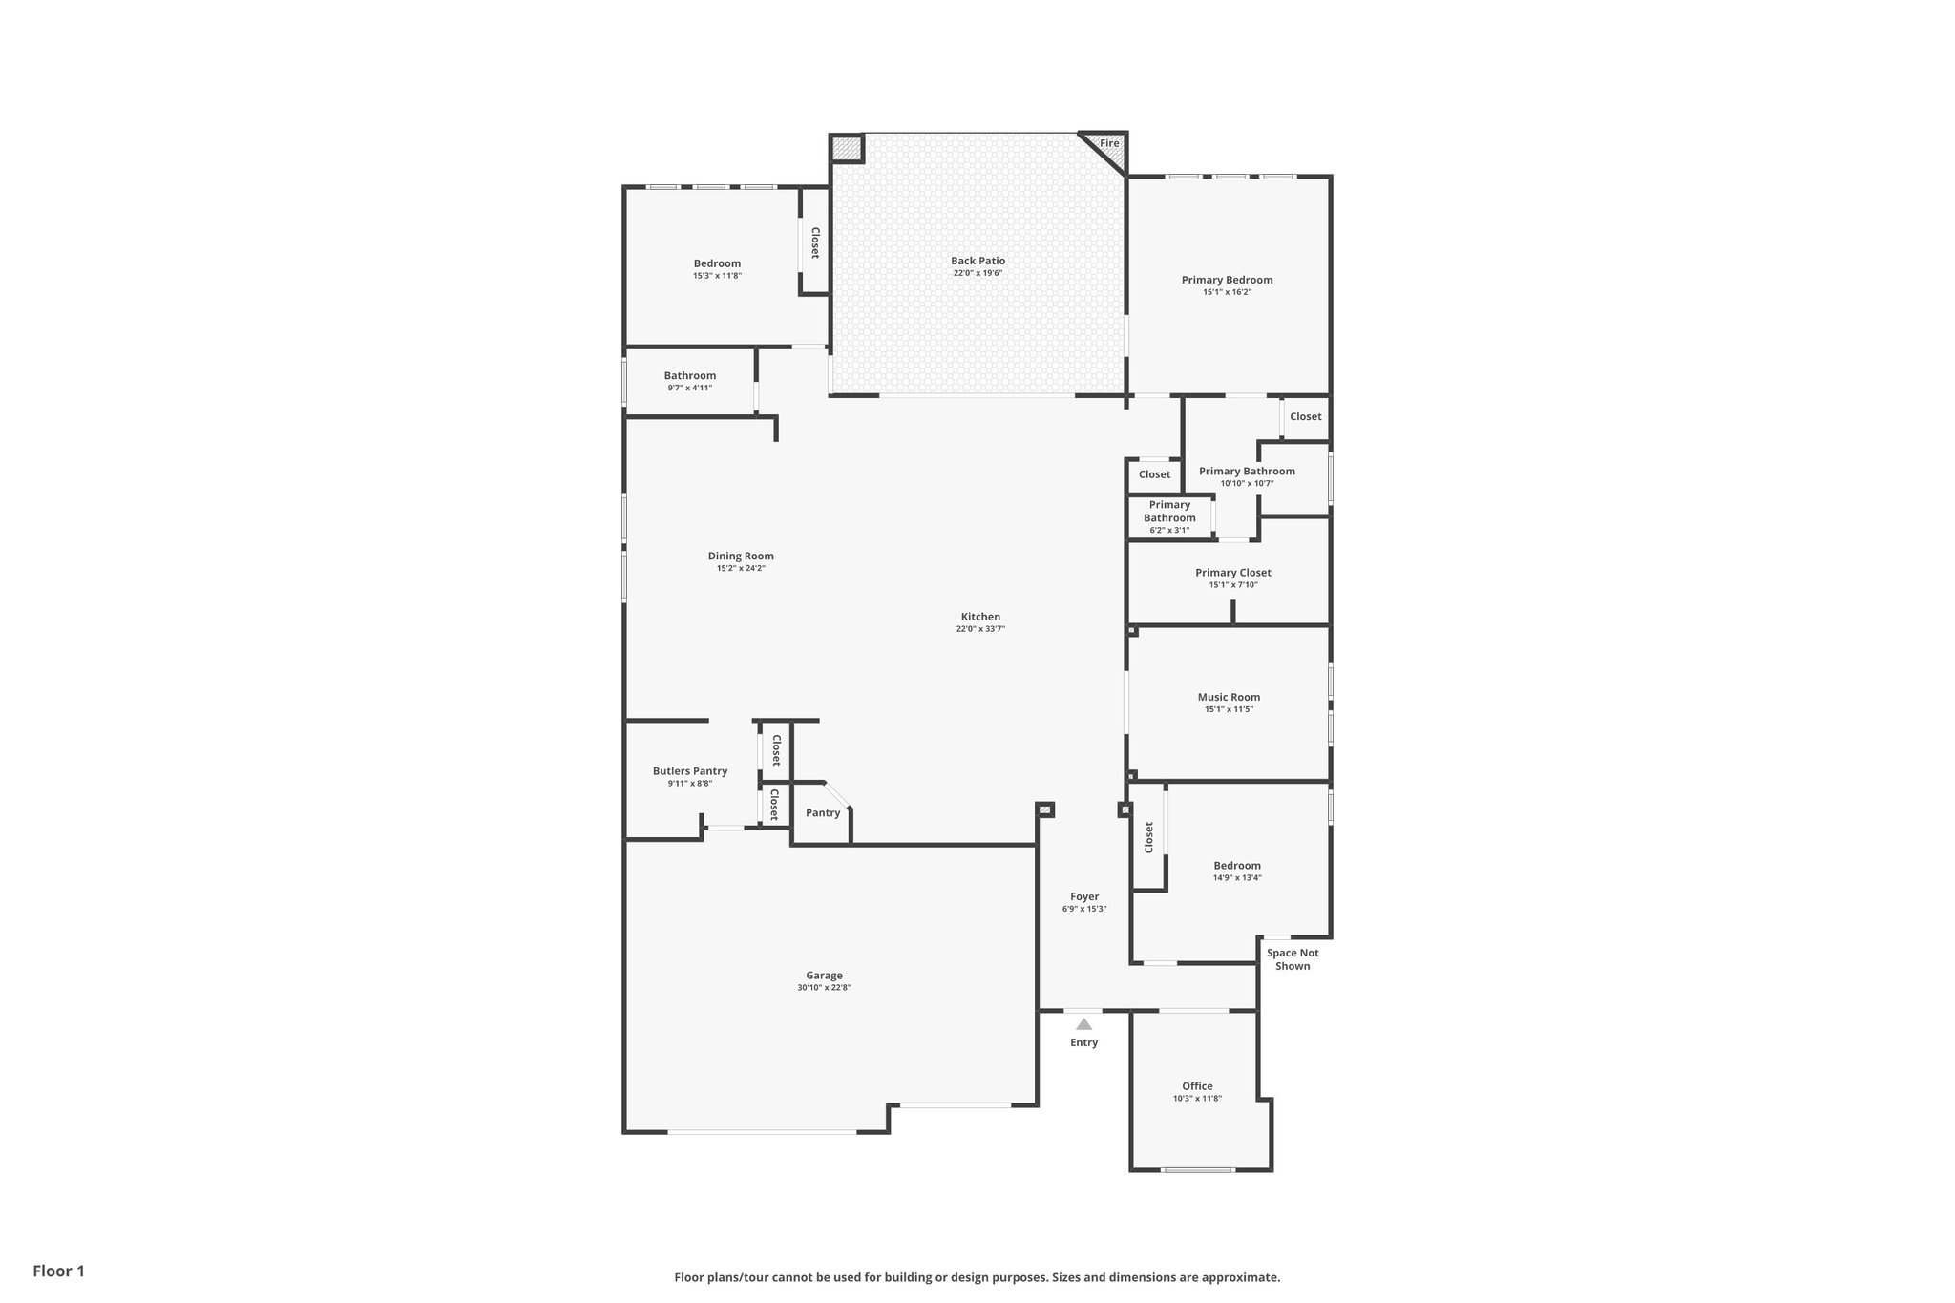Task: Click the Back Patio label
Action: tap(977, 261)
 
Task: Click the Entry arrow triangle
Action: tap(1083, 1024)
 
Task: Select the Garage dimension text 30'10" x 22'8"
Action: tap(824, 988)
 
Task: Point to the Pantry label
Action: tap(823, 813)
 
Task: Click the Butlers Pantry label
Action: tap(690, 771)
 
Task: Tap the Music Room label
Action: tap(1229, 697)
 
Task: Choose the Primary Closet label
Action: tap(1232, 573)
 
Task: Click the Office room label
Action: tap(1197, 1086)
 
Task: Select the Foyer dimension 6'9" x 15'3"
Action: tap(1084, 909)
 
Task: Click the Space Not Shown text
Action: tap(1293, 959)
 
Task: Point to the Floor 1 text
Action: tap(59, 1271)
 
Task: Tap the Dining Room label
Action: tap(741, 556)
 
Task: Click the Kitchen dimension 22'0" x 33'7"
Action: tap(980, 629)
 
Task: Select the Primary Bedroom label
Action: tap(1227, 280)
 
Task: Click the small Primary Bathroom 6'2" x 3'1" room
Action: tap(1169, 517)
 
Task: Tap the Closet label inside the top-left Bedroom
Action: tap(815, 242)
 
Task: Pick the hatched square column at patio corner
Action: tap(846, 149)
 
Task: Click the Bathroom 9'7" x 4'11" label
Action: tap(690, 376)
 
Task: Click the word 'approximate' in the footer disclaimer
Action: tap(1239, 1277)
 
